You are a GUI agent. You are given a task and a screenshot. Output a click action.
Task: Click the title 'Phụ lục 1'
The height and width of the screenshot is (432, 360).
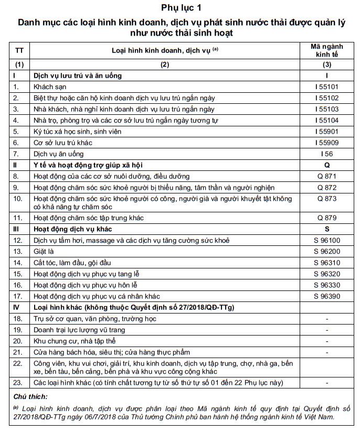pos(179,8)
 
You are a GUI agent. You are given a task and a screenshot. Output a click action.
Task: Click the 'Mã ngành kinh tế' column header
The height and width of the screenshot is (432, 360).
pos(327,50)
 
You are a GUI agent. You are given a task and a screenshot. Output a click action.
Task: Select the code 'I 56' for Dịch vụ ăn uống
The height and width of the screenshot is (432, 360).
pos(327,154)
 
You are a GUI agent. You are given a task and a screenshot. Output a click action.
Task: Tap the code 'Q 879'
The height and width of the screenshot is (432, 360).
pos(327,218)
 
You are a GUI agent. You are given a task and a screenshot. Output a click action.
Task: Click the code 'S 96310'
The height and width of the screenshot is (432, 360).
pos(327,262)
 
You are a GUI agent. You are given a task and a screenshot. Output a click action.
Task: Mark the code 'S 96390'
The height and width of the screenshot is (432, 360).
pos(327,296)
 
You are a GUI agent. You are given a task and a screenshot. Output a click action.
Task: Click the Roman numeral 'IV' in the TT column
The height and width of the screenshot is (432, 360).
pos(17,307)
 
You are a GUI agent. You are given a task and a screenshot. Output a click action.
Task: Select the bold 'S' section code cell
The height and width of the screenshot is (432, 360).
pos(327,229)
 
